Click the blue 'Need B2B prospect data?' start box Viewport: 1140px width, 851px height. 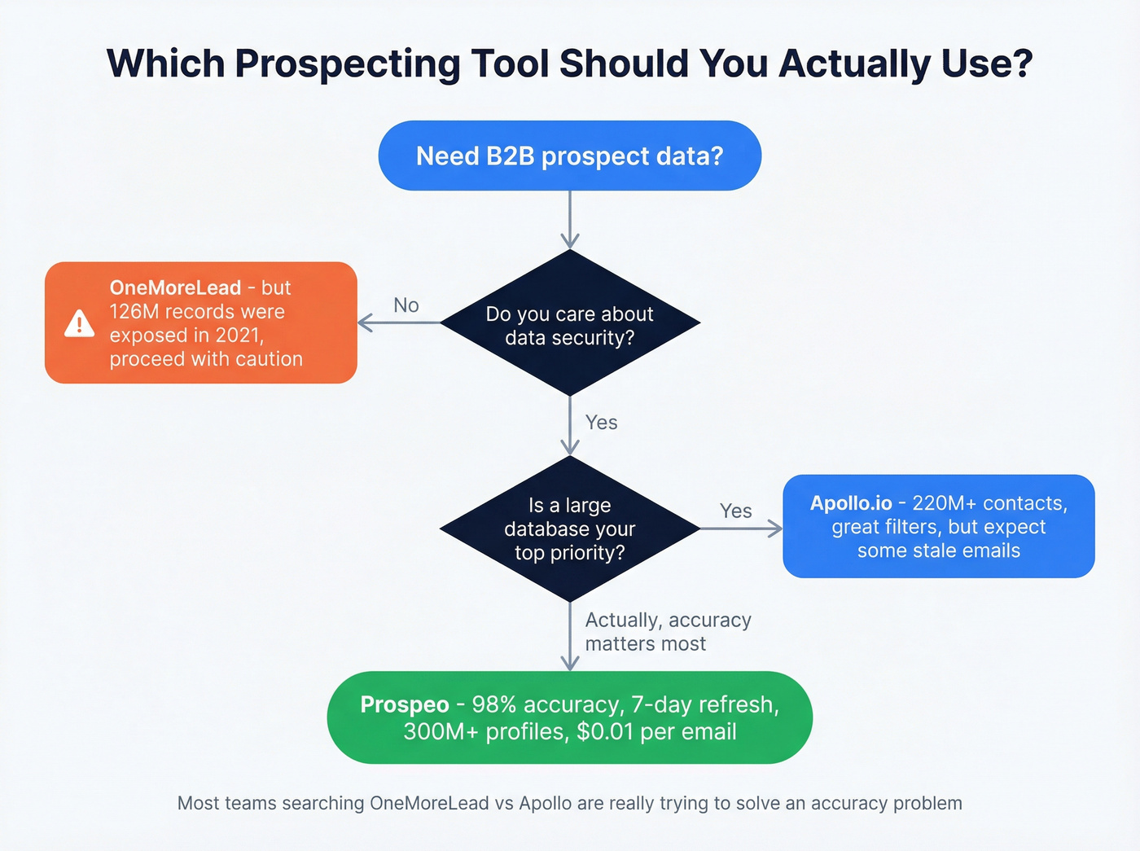click(x=569, y=156)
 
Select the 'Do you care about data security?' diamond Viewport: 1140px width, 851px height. click(x=569, y=324)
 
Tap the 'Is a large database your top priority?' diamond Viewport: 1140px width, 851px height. click(x=569, y=529)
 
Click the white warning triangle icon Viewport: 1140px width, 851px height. click(x=79, y=324)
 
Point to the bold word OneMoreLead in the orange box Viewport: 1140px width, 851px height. click(x=175, y=287)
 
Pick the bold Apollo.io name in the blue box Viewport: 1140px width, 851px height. click(x=851, y=503)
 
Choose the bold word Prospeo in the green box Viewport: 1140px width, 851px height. click(x=405, y=704)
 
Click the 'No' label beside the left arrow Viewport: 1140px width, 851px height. click(x=406, y=305)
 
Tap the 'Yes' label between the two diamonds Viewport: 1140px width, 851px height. click(x=601, y=423)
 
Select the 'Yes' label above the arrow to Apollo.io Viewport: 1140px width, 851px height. click(x=735, y=511)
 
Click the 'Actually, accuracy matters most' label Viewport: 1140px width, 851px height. click(x=668, y=632)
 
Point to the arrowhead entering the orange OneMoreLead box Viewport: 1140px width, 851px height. click(x=365, y=323)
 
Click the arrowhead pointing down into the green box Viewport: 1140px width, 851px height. click(x=570, y=663)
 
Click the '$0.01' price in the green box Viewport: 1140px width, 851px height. click(x=605, y=731)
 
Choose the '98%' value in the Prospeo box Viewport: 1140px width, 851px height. click(x=493, y=704)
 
